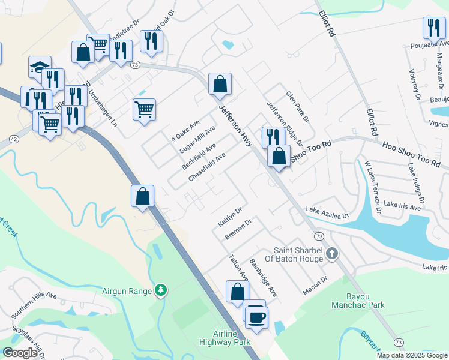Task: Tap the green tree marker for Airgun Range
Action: pos(160,291)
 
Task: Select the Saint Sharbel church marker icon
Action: pos(331,254)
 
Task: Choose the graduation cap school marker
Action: pos(40,66)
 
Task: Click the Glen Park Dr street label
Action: pos(297,106)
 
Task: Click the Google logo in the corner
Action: pos(19,352)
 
